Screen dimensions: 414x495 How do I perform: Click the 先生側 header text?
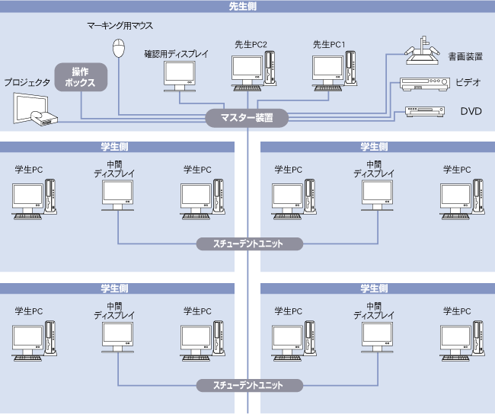pyautogui.click(x=247, y=6)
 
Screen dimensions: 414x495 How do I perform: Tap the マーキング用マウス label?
pyautogui.click(x=120, y=25)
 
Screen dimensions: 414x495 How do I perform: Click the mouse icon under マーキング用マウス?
pyautogui.click(x=118, y=49)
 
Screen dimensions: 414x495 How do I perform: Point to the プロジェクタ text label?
pyautogui.click(x=27, y=81)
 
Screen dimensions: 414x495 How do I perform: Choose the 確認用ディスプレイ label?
pyautogui.click(x=179, y=54)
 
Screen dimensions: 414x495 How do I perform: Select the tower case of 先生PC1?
pyautogui.click(x=350, y=65)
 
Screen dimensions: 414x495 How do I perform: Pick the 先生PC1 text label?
pyautogui.click(x=329, y=45)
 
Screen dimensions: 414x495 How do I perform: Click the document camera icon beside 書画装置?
pyautogui.click(x=421, y=52)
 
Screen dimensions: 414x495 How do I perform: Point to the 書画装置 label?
pyautogui.click(x=465, y=56)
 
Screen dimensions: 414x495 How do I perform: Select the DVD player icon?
pyautogui.click(x=424, y=111)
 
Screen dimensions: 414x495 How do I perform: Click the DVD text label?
pyautogui.click(x=471, y=111)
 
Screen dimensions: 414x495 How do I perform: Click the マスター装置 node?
pyautogui.click(x=247, y=118)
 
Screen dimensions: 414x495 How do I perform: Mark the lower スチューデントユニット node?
pyautogui.click(x=249, y=385)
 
